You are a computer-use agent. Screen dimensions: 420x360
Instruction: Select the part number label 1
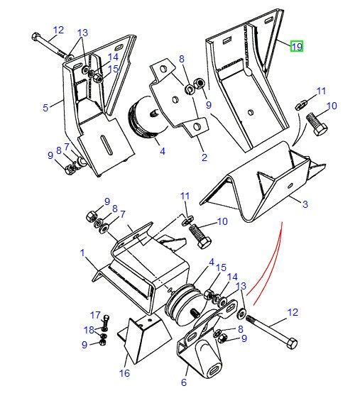coord(82,253)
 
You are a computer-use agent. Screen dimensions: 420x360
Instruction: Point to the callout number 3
coord(305,205)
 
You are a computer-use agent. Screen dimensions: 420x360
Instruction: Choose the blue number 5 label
coord(45,108)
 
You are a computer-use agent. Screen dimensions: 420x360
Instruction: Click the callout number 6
coord(184,383)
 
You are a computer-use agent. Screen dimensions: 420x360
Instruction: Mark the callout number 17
coord(94,315)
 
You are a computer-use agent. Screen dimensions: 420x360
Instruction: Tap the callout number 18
coord(89,330)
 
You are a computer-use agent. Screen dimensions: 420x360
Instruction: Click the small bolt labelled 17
coord(105,321)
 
